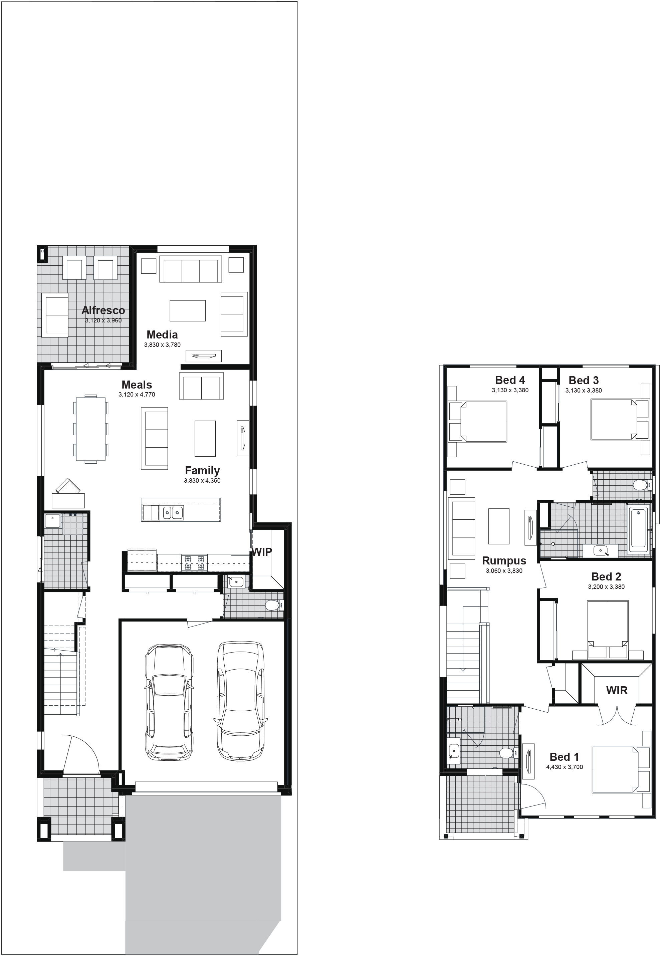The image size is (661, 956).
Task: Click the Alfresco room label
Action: [103, 310]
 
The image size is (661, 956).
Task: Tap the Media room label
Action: [162, 334]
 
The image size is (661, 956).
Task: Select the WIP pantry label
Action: [262, 552]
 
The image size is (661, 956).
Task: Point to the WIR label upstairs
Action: [617, 691]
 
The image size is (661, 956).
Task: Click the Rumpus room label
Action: [504, 560]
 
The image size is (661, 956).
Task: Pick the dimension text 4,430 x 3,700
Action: [565, 767]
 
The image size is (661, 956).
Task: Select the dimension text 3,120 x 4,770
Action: [137, 395]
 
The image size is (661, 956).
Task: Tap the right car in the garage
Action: [241, 701]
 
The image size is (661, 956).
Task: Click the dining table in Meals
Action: [91, 429]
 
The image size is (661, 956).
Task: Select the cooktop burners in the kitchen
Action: [194, 563]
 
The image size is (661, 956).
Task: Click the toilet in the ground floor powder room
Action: [274, 605]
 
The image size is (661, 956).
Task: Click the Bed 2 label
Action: [606, 576]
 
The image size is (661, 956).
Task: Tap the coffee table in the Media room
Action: [188, 310]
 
